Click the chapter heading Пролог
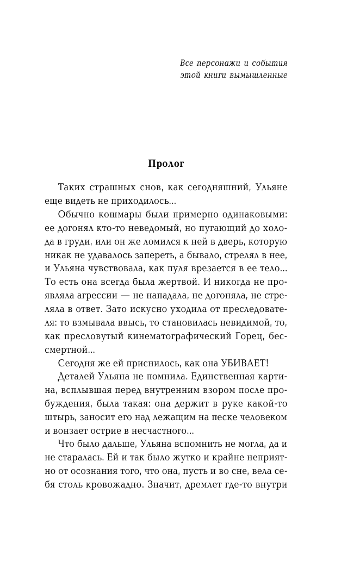[x=166, y=164]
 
